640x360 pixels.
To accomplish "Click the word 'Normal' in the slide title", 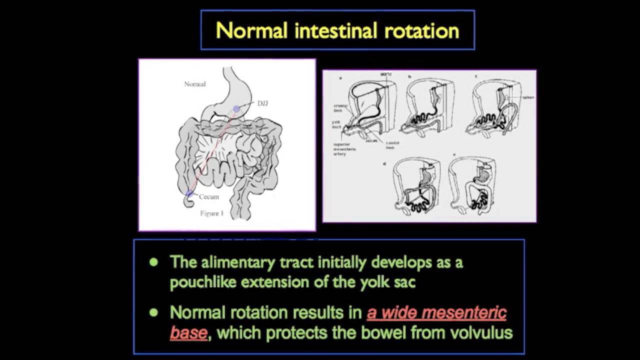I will (251, 30).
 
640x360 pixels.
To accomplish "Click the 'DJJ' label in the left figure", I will (262, 103).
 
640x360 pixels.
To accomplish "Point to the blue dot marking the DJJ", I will (236, 108).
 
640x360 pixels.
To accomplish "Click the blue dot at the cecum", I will (189, 193).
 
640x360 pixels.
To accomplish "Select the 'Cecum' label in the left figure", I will (209, 196).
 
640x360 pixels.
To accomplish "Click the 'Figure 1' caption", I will (211, 213).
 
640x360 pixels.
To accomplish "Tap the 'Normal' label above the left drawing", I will (194, 84).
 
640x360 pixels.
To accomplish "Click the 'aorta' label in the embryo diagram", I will (385, 74).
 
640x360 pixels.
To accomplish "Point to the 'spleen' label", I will (528, 97).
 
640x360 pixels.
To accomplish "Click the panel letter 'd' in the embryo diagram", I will (384, 163).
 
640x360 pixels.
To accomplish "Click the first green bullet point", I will (153, 262).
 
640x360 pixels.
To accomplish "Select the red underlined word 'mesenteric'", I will (464, 313).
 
